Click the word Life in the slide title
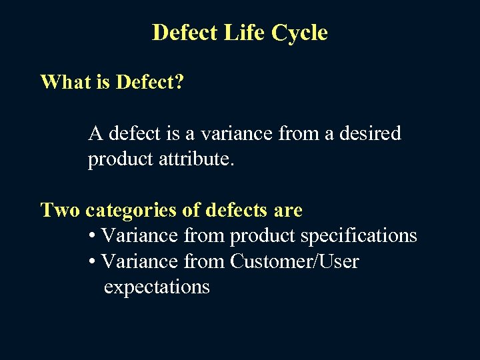(x=245, y=33)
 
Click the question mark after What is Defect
(x=179, y=82)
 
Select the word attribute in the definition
(x=199, y=159)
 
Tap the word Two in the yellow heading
(x=60, y=211)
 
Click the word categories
(x=131, y=211)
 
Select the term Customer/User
(x=294, y=262)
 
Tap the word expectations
(x=157, y=287)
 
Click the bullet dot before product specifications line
(x=92, y=237)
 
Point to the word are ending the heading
(x=288, y=211)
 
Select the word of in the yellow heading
(x=191, y=211)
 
